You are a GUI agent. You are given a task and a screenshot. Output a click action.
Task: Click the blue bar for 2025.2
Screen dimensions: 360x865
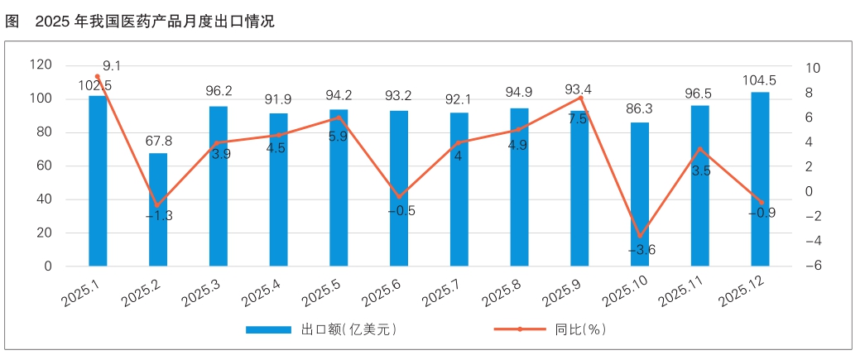point(158,209)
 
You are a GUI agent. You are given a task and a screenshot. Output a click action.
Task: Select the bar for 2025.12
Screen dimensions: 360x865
point(760,179)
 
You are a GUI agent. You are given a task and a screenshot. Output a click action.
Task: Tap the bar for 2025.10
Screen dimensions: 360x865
point(640,194)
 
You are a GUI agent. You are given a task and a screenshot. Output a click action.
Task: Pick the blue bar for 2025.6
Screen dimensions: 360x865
point(399,188)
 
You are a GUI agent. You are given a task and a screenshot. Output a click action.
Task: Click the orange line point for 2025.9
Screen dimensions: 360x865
point(579,98)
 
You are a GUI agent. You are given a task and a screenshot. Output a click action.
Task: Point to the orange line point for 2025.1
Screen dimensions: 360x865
point(98,77)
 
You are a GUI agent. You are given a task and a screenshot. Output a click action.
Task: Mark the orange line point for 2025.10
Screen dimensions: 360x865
point(640,236)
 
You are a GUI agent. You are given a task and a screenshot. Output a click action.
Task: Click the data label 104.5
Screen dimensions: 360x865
point(759,80)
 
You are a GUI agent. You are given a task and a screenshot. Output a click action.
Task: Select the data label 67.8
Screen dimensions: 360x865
point(158,142)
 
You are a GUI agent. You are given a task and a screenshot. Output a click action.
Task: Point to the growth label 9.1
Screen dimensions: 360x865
point(113,65)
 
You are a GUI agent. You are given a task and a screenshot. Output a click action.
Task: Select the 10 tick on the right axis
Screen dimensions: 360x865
point(812,68)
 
